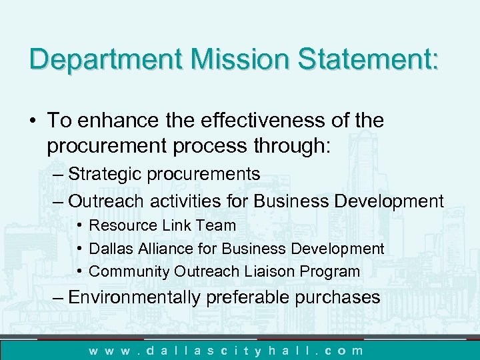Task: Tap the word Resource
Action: pos(123,226)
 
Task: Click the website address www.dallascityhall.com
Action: pos(227,350)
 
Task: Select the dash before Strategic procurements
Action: pos(57,175)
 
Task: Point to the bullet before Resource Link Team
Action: pos(79,226)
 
